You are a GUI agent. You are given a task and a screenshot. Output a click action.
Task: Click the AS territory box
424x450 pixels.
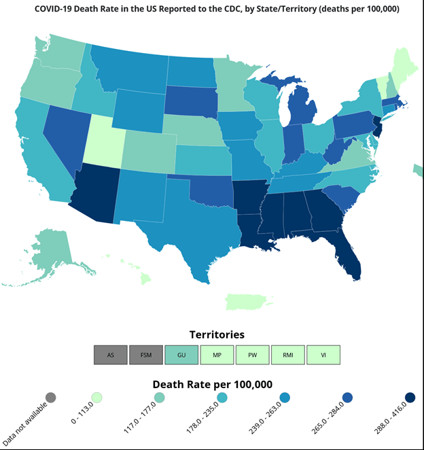(x=111, y=355)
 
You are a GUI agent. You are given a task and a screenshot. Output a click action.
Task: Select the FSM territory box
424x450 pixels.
(x=146, y=355)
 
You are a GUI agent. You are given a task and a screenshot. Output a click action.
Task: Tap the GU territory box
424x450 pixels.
(x=181, y=355)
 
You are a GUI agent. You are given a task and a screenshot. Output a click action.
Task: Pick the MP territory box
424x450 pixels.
(x=217, y=355)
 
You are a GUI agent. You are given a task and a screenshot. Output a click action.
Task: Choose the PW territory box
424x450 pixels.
(x=252, y=355)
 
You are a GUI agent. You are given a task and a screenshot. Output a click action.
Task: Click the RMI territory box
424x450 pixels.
(x=287, y=355)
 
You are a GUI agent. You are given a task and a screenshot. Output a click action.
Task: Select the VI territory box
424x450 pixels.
(x=323, y=355)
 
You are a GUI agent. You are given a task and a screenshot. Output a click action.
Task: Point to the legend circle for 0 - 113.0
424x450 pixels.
(x=97, y=398)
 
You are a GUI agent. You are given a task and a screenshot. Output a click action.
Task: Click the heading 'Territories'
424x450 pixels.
(x=217, y=334)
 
